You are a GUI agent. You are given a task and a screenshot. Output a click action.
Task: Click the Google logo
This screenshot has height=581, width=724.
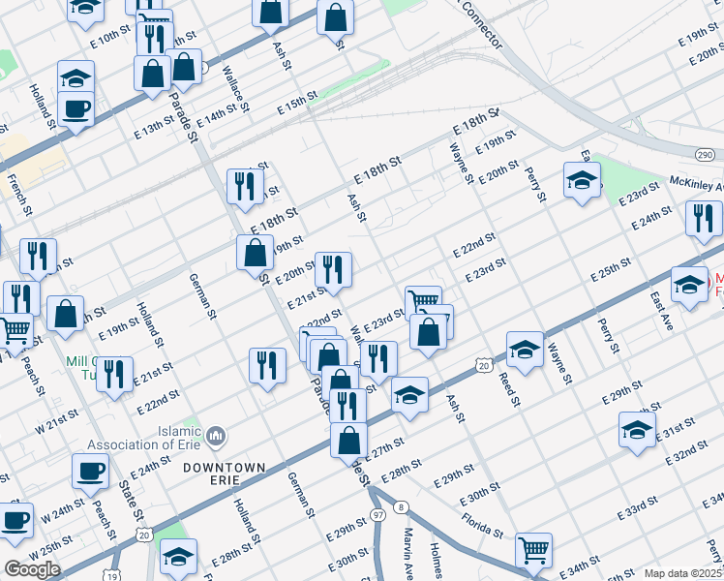coord(32,569)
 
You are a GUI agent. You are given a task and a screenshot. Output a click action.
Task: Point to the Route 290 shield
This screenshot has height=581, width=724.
coord(704,155)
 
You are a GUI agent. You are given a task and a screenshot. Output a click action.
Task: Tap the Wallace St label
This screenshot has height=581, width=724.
coord(235,86)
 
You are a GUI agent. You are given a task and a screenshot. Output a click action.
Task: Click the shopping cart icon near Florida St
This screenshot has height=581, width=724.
coord(533,550)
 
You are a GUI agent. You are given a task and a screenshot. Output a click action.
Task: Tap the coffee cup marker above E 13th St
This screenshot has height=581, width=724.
coord(75,108)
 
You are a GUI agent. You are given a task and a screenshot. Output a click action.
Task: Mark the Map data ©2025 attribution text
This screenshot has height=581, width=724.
coord(681,573)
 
